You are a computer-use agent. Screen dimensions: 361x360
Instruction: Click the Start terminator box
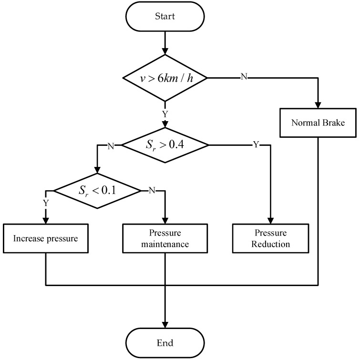(165, 17)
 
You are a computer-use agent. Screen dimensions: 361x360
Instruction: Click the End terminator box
(165, 343)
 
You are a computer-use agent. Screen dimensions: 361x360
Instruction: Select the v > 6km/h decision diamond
(165, 77)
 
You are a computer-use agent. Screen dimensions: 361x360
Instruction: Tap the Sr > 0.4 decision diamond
(165, 144)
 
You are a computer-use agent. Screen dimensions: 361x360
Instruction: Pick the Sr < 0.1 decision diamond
(97, 191)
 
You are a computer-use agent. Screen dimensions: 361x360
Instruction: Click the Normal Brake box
(318, 123)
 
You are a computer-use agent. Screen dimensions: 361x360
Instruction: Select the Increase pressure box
(46, 238)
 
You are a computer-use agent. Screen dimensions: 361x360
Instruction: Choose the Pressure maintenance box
(165, 238)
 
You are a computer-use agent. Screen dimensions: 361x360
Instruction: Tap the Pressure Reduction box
(271, 238)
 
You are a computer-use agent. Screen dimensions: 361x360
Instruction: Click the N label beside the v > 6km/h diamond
(244, 77)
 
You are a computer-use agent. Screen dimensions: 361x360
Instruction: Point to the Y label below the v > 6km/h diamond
(165, 114)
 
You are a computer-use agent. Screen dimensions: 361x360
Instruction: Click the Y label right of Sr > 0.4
(256, 144)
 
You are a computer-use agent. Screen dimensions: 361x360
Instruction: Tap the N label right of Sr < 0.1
(152, 191)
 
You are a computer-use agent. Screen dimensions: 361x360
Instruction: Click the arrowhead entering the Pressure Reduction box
(271, 220)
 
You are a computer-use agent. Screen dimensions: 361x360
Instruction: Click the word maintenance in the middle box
(165, 244)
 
